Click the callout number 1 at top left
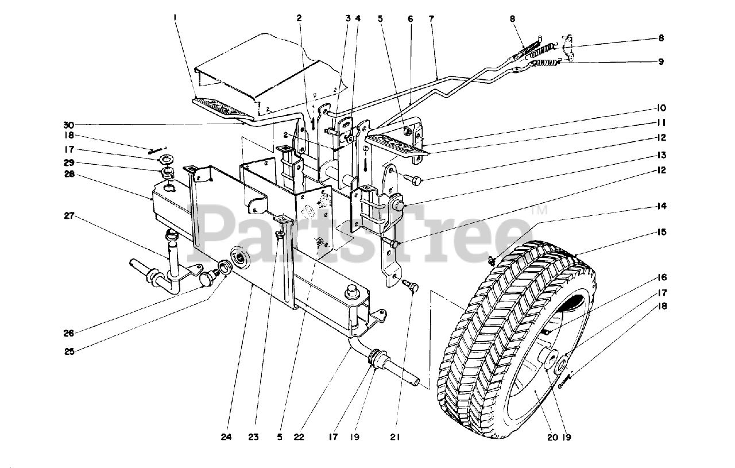coord(175,18)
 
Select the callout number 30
coord(69,125)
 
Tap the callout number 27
coord(69,216)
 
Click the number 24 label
coord(227,437)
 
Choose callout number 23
coord(253,437)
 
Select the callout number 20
coord(552,437)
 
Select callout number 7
coord(431,18)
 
